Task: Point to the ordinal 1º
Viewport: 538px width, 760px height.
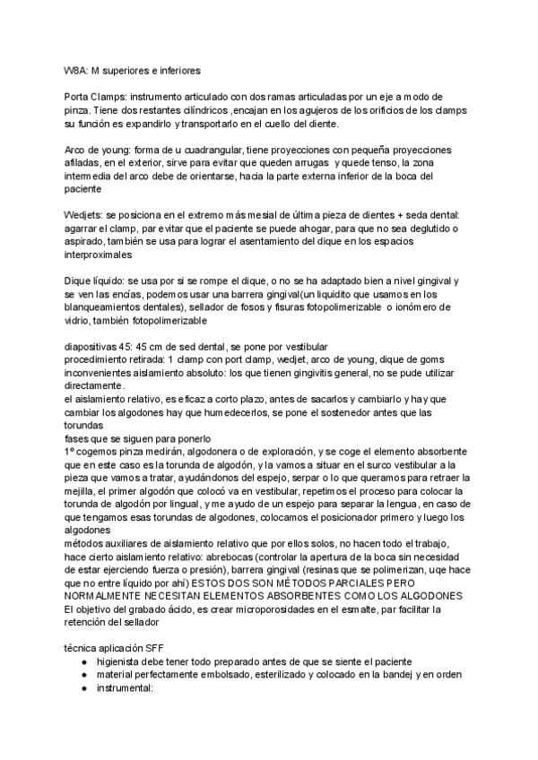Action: (x=70, y=452)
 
